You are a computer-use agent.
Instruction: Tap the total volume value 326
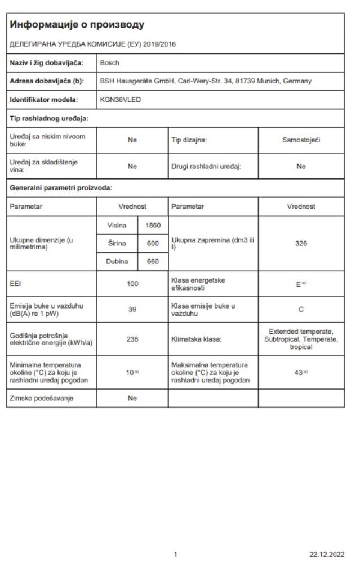301,244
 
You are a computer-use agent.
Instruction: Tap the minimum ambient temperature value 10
130,372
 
